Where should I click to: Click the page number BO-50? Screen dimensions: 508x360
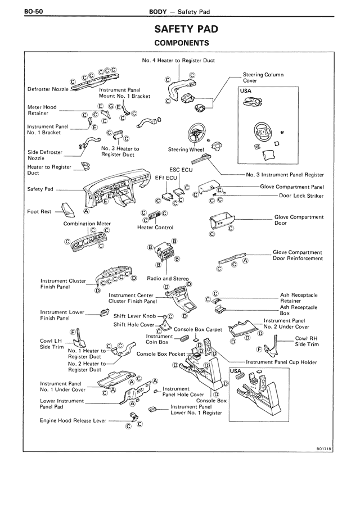(x=19, y=11)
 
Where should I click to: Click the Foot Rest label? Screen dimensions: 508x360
(x=39, y=212)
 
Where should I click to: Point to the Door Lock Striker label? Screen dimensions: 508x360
(x=301, y=196)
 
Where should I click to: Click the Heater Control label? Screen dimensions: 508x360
(x=155, y=228)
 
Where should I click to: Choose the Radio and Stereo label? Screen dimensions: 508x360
(x=167, y=278)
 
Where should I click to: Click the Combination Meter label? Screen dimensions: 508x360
(x=87, y=223)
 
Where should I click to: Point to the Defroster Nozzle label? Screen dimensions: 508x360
(x=48, y=89)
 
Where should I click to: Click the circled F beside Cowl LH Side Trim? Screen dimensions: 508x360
(x=73, y=333)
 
